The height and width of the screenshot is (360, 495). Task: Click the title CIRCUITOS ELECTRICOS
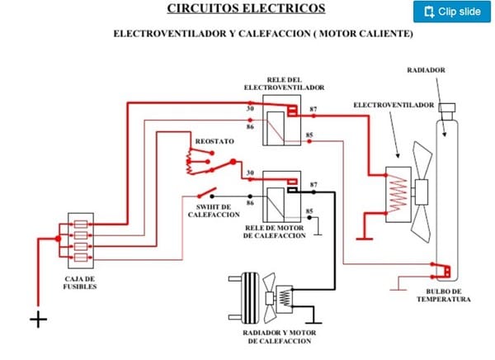246,9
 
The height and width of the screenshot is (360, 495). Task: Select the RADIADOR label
426,71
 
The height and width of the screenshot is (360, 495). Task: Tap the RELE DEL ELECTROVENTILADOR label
284,83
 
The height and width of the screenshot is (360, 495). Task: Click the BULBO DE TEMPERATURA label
444,294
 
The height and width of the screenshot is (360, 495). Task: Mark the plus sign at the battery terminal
38,320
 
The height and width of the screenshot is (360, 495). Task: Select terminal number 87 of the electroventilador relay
313,109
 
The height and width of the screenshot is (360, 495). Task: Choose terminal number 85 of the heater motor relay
309,211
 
